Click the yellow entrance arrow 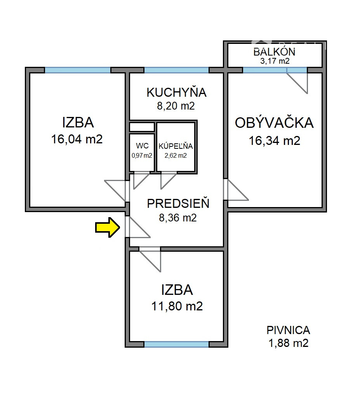click(x=108, y=227)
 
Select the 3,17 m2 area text click(x=275, y=61)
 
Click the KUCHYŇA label click(x=176, y=92)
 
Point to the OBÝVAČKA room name click(x=274, y=123)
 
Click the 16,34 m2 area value click(x=275, y=141)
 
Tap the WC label click(x=142, y=146)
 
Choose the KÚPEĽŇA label click(x=176, y=146)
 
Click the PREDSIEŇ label click(x=178, y=204)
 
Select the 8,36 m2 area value click(x=178, y=218)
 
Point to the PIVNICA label click(x=288, y=330)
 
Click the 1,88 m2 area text click(x=289, y=343)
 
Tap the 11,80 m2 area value click(x=177, y=306)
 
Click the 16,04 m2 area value click(x=77, y=139)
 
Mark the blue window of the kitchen click(x=176, y=70)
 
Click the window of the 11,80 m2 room click(x=176, y=344)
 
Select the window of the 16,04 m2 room click(x=78, y=70)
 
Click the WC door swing click(x=141, y=181)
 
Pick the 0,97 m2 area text click(x=142, y=156)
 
